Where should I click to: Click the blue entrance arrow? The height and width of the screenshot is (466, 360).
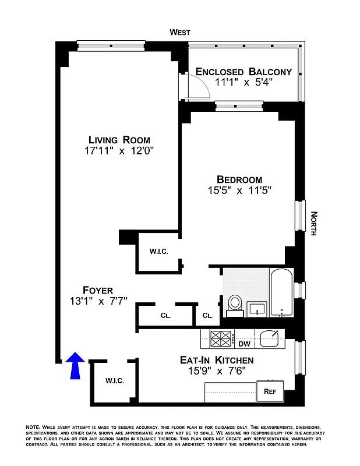pyautogui.click(x=76, y=366)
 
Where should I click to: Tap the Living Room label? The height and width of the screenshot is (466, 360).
pyautogui.click(x=119, y=140)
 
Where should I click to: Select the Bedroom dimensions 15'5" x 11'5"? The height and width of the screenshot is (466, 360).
pyautogui.click(x=239, y=190)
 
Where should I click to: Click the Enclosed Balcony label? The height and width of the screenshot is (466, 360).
pyautogui.click(x=243, y=72)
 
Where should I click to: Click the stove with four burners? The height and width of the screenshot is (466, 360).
pyautogui.click(x=221, y=338)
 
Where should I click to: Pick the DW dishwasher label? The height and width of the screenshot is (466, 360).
pyautogui.click(x=244, y=344)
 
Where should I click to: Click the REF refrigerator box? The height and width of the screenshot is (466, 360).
pyautogui.click(x=270, y=391)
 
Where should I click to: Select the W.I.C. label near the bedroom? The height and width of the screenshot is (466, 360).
pyautogui.click(x=158, y=252)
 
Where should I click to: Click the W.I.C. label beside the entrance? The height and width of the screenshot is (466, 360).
pyautogui.click(x=114, y=380)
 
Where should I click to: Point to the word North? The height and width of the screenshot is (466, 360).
pyautogui.click(x=313, y=223)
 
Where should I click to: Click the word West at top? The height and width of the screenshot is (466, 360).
pyautogui.click(x=180, y=33)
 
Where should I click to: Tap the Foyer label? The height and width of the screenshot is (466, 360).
pyautogui.click(x=97, y=290)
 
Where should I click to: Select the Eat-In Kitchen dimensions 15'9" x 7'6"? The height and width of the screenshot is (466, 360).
pyautogui.click(x=216, y=371)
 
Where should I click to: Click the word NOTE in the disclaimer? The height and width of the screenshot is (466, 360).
pyautogui.click(x=33, y=428)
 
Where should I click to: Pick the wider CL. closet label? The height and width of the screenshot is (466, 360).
pyautogui.click(x=165, y=316)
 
